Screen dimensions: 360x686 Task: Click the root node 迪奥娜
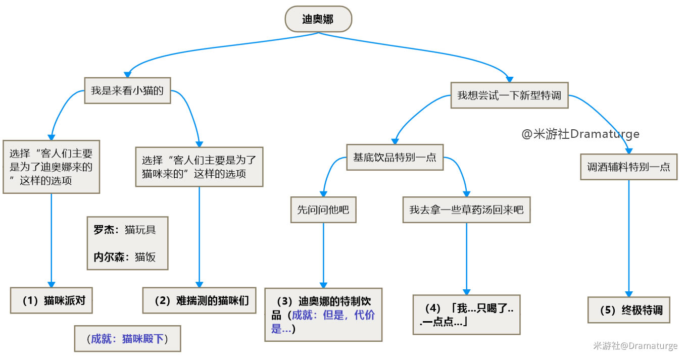tap(318, 19)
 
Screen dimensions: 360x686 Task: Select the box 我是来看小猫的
tap(127, 91)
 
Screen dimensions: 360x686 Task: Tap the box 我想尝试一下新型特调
tap(509, 95)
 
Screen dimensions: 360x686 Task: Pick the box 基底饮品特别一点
tap(395, 157)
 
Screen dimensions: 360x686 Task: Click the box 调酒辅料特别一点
tap(628, 167)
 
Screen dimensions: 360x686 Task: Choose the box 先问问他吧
tap(323, 210)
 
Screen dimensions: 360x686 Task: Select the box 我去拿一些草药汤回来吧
tap(466, 210)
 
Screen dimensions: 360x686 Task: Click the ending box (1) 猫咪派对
tap(51, 300)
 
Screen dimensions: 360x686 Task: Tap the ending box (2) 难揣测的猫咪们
tap(200, 300)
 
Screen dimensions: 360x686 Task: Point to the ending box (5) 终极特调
tap(629, 310)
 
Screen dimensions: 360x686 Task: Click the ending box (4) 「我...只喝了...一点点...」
tap(466, 315)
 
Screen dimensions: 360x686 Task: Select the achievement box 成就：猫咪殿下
tap(127, 338)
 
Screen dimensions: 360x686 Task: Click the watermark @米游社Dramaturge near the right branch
tap(580, 134)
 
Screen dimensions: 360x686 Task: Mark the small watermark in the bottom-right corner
tap(635, 346)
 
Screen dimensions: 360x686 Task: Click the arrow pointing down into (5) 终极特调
tap(629, 237)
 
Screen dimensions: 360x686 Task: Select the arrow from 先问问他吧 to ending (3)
tap(323, 255)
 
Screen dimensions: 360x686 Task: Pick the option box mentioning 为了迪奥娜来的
tap(51, 167)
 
